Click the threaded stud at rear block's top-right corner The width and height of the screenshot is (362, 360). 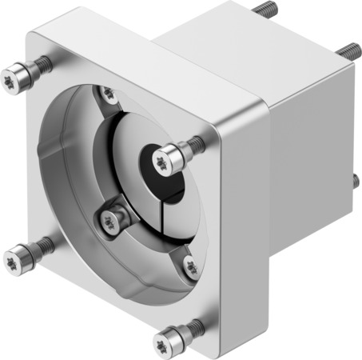346,51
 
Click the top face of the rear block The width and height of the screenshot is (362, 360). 256,48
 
